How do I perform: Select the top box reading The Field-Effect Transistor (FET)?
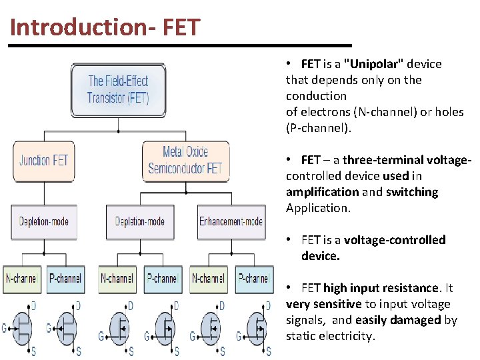[118, 90]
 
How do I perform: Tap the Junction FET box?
[44, 161]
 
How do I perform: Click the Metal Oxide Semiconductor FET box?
[185, 161]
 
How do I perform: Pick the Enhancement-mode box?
[231, 222]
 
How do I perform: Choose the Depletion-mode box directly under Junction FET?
[44, 222]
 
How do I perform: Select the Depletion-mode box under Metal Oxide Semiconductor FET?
[139, 222]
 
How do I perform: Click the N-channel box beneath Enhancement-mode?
[208, 279]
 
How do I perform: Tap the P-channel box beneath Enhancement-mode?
[253, 279]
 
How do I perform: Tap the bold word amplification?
[322, 192]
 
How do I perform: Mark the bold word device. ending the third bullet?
[321, 256]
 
